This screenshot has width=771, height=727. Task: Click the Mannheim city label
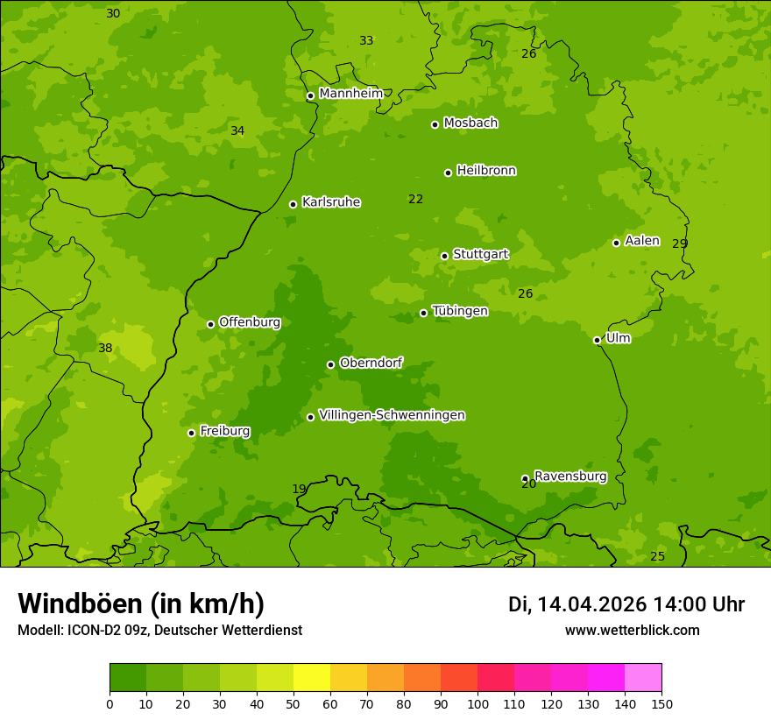(x=350, y=94)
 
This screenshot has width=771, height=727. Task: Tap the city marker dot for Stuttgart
(x=444, y=256)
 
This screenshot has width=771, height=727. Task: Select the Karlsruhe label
(x=330, y=202)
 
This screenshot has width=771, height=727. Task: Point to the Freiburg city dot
(x=191, y=433)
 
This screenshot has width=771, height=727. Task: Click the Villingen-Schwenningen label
(x=392, y=415)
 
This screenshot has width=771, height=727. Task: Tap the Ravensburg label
(x=569, y=476)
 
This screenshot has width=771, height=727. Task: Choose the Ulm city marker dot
(x=597, y=340)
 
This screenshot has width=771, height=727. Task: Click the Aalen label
(x=641, y=241)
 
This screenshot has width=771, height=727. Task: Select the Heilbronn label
(x=485, y=171)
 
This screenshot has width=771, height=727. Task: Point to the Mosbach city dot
(x=435, y=124)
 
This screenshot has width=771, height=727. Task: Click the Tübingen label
(x=459, y=311)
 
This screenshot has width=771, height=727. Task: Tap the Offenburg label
(x=249, y=322)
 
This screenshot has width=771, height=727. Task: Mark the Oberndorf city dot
(x=330, y=364)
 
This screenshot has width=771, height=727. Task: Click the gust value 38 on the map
(x=105, y=349)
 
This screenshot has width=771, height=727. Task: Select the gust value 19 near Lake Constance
(x=300, y=490)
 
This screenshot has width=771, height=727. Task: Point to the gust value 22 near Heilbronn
(x=415, y=200)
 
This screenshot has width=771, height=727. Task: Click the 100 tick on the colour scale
(x=477, y=703)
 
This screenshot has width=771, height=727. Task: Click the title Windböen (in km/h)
(x=141, y=603)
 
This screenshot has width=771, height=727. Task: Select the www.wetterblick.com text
(x=632, y=630)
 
